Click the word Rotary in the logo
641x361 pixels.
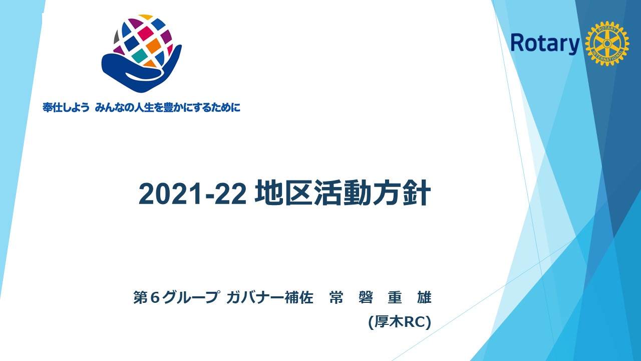(x=545, y=44)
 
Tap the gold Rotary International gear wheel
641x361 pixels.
(x=607, y=43)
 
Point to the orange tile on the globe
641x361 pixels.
(x=154, y=46)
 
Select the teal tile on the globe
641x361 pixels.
(x=139, y=56)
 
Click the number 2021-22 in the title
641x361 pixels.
(x=192, y=194)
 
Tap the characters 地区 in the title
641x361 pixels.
(x=283, y=193)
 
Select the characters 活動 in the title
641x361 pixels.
(x=343, y=193)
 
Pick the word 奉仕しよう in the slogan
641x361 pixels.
(x=66, y=107)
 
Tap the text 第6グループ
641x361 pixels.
(x=177, y=297)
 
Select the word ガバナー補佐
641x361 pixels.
(x=269, y=297)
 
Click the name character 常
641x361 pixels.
(x=336, y=297)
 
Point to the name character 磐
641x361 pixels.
(x=366, y=297)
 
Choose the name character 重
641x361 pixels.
(x=395, y=297)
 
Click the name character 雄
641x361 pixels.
(x=424, y=297)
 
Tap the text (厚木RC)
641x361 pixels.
(x=400, y=322)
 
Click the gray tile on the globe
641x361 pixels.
(x=117, y=37)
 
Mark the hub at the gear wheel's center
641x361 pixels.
(x=607, y=43)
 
